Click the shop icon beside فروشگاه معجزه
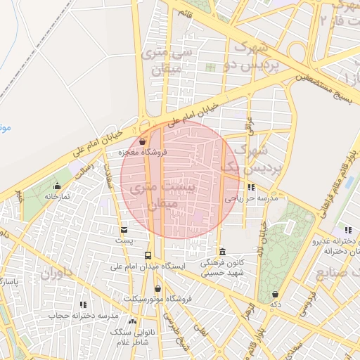[x=143, y=141]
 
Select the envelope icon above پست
[x=124, y=230]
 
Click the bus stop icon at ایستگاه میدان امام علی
[x=148, y=255]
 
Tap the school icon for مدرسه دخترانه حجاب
[x=84, y=305]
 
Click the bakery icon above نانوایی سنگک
[x=133, y=321]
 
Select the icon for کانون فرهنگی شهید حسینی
[x=222, y=252]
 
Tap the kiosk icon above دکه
[x=274, y=295]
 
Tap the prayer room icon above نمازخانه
[x=58, y=186]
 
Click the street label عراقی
[x=249, y=127]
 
